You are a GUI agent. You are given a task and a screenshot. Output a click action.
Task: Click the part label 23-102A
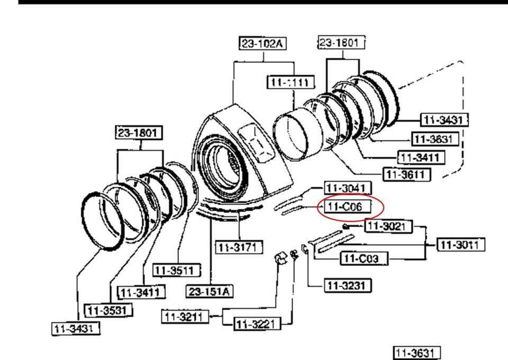[x=263, y=44]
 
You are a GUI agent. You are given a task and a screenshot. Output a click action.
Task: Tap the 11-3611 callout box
[x=406, y=174]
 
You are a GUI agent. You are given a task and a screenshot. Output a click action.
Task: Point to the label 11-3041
[x=347, y=187]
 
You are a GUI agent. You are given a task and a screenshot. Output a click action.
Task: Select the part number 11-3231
[x=347, y=285]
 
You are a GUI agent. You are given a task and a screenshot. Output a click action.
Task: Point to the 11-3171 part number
[x=238, y=247]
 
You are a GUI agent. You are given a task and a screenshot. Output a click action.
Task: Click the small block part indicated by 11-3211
[x=280, y=259]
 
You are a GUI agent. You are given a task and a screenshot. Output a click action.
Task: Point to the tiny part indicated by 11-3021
[x=345, y=227]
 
